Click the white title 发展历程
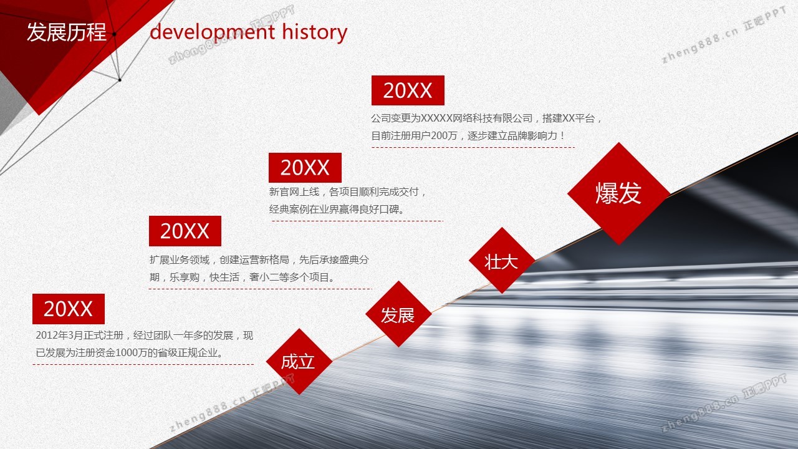(x=67, y=32)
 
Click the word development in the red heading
(x=213, y=32)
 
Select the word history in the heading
(x=315, y=32)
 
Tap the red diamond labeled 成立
(x=299, y=361)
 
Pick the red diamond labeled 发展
(x=398, y=314)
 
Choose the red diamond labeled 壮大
(x=502, y=261)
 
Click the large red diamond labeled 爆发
(x=618, y=193)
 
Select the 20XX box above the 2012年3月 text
(x=69, y=309)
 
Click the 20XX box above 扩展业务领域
(x=185, y=231)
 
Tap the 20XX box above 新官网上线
(x=305, y=168)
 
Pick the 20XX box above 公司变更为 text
(x=408, y=90)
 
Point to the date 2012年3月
(x=54, y=336)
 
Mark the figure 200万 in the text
(x=444, y=136)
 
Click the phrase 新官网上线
(x=294, y=192)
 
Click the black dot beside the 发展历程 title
(x=114, y=34)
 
